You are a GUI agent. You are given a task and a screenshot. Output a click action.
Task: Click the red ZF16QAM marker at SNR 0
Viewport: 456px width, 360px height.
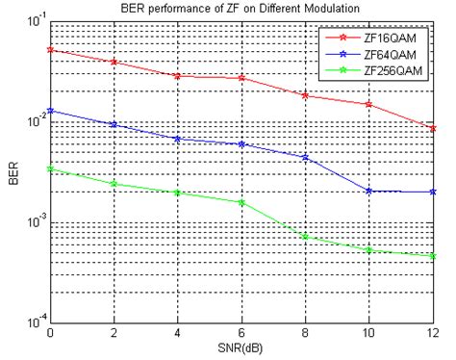click(49, 50)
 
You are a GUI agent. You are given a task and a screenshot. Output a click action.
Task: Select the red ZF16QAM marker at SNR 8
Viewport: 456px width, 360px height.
click(306, 95)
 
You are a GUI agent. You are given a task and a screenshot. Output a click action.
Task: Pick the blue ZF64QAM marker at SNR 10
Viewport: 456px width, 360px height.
click(370, 191)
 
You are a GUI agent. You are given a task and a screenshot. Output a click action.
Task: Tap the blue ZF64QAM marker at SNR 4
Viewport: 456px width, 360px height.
click(177, 139)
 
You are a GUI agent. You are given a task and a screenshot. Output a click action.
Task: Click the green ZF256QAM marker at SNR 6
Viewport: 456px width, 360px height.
click(241, 202)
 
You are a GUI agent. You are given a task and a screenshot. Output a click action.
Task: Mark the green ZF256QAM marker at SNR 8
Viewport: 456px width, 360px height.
click(306, 236)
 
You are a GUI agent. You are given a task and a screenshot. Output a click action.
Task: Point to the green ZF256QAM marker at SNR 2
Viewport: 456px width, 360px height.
click(114, 184)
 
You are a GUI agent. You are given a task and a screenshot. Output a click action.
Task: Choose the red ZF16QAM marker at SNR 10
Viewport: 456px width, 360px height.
click(370, 104)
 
